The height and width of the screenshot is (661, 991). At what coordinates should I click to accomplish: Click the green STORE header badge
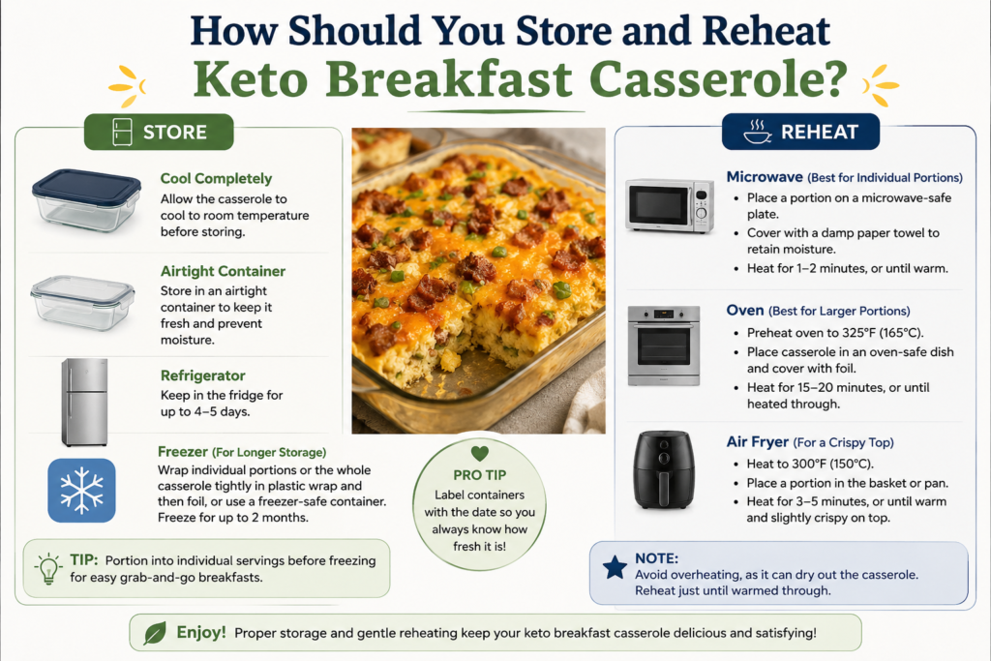pos(159,132)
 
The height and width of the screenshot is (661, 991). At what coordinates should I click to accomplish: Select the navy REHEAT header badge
pos(800,132)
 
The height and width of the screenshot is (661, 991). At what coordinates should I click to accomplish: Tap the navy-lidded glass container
pos(86,199)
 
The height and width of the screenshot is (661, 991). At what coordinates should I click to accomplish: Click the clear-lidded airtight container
pos(83,302)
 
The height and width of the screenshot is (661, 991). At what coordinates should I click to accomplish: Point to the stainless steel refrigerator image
pos(85,402)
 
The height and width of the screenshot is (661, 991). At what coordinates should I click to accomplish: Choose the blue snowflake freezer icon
pos(81,491)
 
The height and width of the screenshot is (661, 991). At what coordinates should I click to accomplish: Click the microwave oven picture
pos(670,205)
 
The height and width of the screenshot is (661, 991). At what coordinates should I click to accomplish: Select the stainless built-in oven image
pos(664,346)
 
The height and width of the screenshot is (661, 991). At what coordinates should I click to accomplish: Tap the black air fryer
pos(664,469)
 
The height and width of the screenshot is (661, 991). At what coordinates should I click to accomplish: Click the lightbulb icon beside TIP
pos(48,568)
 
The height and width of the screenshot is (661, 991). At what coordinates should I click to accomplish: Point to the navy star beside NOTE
pos(615,567)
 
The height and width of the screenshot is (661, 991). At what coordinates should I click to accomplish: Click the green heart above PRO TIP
pos(480,453)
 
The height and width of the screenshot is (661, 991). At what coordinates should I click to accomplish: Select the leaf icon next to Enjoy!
pos(155,633)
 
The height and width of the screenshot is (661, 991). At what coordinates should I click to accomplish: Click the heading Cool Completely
pos(216,179)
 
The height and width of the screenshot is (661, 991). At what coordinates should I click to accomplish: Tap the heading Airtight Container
pos(224,271)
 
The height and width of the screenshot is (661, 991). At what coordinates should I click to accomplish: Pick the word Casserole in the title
pos(718,79)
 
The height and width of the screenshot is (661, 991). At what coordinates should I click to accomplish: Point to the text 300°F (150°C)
pos(832,464)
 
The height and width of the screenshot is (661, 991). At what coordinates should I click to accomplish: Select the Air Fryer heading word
pos(757,441)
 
